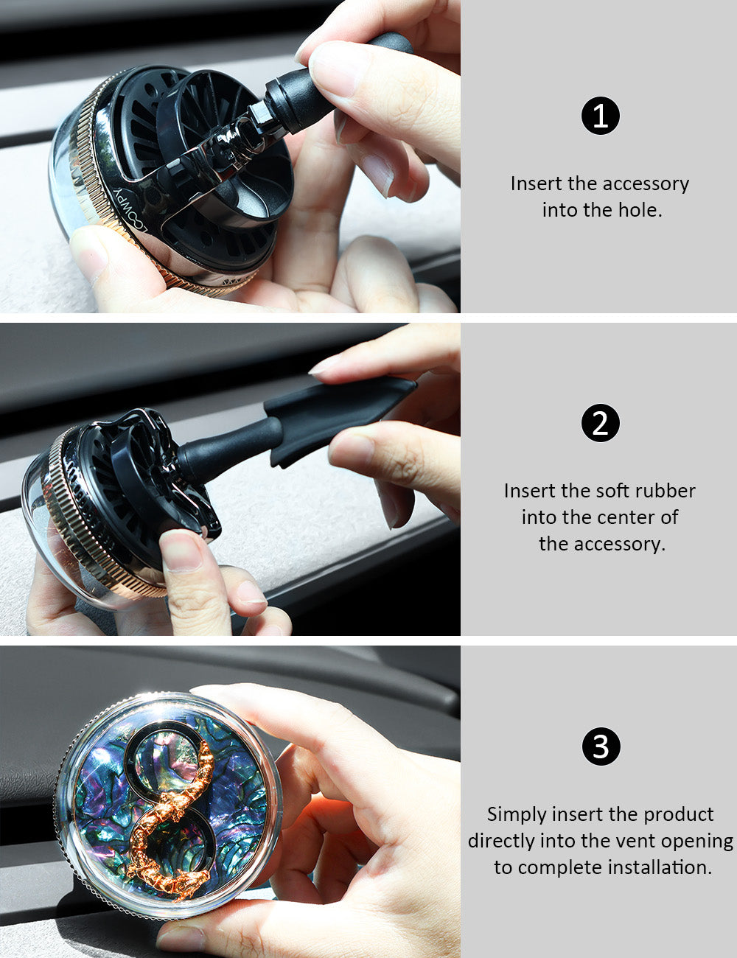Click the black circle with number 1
(600, 116)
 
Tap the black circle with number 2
(600, 422)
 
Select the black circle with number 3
(601, 747)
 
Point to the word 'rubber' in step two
(668, 491)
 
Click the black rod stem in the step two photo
(229, 444)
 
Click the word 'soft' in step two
(618, 491)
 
